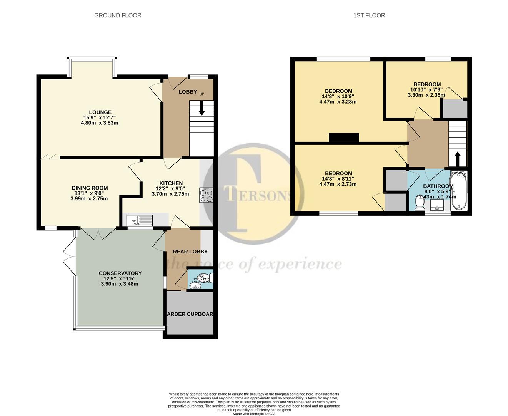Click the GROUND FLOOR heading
tap(118, 15)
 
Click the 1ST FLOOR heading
tap(369, 15)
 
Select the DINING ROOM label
tap(90, 188)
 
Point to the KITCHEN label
tap(171, 183)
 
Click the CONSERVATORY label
tap(120, 273)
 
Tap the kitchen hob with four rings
tap(206, 195)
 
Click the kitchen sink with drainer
tap(140, 220)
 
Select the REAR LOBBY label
tap(190, 252)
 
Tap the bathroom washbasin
tap(437, 205)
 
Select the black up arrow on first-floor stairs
tap(458, 158)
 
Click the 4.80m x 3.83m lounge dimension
tap(99, 123)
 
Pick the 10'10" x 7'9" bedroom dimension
tap(427, 90)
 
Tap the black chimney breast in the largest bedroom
tap(344, 138)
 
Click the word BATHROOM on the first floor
tap(438, 186)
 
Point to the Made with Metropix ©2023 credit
tap(254, 414)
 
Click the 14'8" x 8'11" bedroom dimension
tap(338, 179)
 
